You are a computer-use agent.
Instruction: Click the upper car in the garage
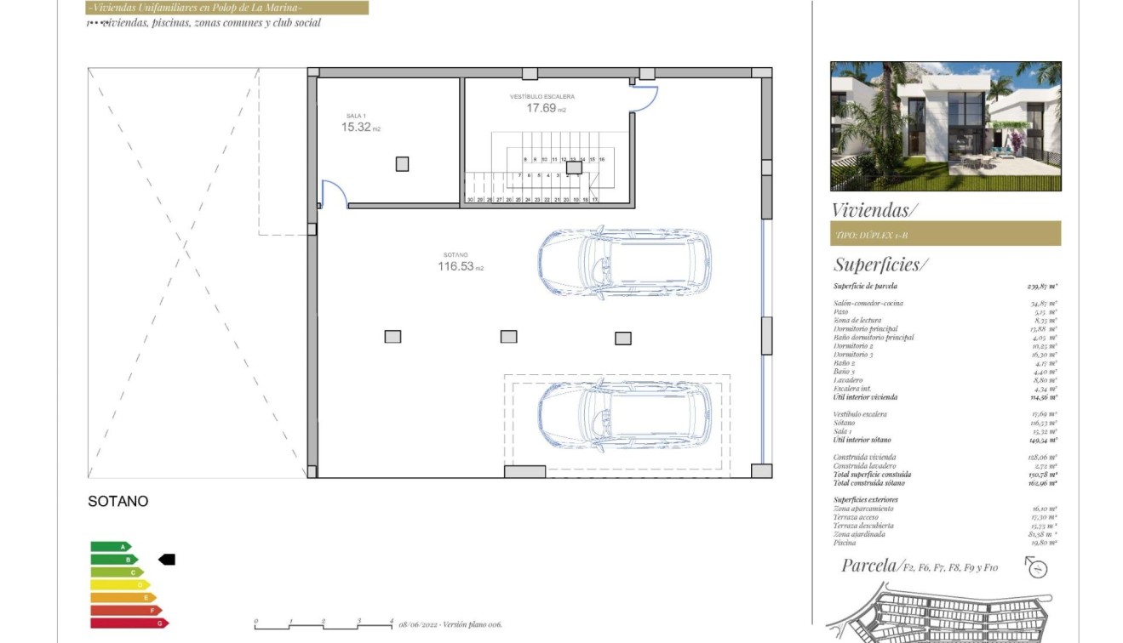(624, 261)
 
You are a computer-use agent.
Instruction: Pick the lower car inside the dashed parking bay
(624, 414)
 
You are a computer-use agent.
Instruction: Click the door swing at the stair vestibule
(645, 99)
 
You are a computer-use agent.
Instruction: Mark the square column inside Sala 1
(402, 164)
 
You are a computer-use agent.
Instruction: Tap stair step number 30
(469, 199)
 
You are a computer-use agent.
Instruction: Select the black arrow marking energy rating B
(167, 560)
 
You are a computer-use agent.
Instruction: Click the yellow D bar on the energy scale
(120, 585)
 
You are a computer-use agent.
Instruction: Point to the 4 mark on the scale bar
(391, 622)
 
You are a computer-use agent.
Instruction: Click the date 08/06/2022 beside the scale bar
(419, 625)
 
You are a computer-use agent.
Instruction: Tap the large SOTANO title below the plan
(117, 502)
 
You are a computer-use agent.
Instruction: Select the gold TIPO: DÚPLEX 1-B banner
(945, 234)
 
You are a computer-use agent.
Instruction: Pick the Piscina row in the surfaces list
(945, 543)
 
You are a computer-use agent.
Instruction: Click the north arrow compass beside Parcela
(1036, 567)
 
